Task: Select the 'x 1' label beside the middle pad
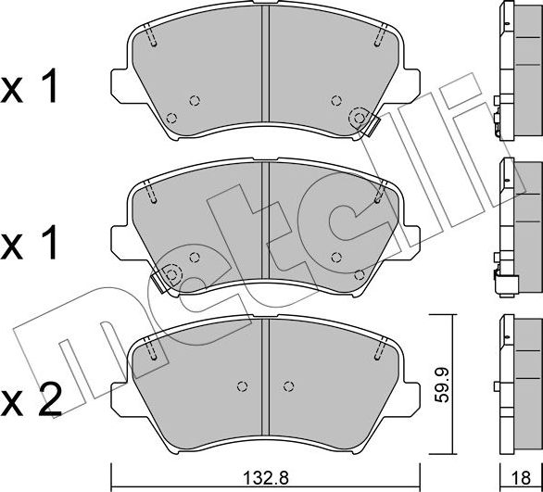[x=32, y=245]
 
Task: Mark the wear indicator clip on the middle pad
[x=170, y=274]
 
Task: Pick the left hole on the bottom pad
[x=242, y=386]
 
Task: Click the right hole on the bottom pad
[x=288, y=386]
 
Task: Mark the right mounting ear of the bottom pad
[x=411, y=389]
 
